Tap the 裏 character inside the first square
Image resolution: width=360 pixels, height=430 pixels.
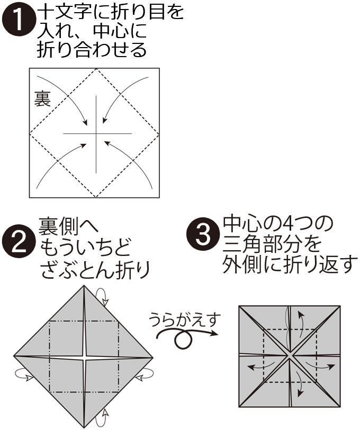point(42,98)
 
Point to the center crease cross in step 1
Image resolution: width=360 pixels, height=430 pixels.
point(96,134)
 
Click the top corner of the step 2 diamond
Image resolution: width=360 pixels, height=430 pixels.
point(84,286)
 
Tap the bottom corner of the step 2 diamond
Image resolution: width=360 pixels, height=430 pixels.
point(84,427)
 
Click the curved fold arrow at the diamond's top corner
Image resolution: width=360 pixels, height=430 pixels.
point(103,297)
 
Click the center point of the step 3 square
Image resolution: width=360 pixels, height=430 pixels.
point(289,356)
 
